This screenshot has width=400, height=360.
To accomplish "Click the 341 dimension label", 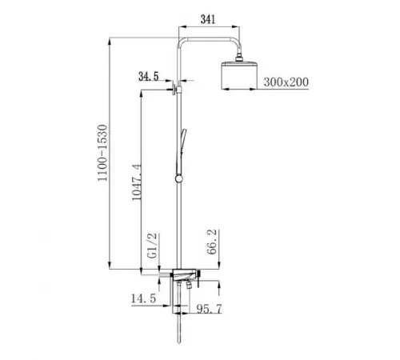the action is point(208,19).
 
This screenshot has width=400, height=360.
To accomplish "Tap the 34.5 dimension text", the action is point(149,77).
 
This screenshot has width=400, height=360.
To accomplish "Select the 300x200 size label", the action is point(286,82).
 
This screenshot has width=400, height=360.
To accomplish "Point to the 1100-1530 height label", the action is point(102,153).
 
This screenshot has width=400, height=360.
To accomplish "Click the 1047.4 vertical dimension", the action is point(137,182).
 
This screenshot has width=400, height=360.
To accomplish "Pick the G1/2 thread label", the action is point(153,246).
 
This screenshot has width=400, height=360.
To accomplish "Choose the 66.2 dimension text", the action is point(212,242).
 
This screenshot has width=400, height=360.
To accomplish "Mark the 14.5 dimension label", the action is point(143,298).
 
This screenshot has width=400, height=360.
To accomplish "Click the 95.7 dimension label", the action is point(210,309).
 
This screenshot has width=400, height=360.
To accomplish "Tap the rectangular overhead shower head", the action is point(239,74).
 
